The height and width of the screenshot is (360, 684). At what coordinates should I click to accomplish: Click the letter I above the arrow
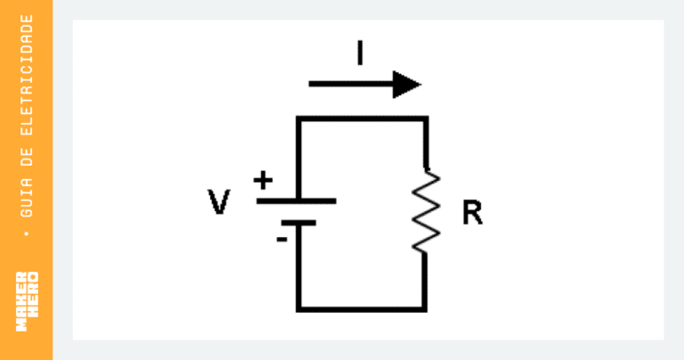[x=360, y=53]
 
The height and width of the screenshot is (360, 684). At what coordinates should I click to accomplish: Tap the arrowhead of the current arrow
[x=406, y=85]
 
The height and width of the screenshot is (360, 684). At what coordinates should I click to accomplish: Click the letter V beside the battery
[x=218, y=202]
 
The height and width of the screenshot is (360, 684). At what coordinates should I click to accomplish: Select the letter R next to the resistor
[x=472, y=212]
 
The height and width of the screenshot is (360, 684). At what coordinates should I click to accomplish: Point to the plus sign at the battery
[x=263, y=180]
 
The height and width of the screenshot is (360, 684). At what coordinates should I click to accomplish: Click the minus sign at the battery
[x=281, y=239]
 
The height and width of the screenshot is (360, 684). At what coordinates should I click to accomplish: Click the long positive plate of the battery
[x=297, y=201]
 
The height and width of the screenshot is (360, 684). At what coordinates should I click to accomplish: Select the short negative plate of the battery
[x=299, y=223]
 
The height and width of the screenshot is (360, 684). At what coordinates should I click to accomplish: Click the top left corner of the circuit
[x=298, y=119]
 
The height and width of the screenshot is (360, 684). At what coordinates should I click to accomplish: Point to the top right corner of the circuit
[x=426, y=119]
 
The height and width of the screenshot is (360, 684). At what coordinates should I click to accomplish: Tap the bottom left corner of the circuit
[x=298, y=309]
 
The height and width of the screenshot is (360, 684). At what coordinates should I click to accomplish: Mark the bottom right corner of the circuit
[x=425, y=309]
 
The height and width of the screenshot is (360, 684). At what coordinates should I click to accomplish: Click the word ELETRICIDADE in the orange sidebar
[x=27, y=75]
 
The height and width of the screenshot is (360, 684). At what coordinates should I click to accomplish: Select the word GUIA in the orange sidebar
[x=27, y=197]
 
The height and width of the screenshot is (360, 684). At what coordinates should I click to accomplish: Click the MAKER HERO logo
[x=27, y=301]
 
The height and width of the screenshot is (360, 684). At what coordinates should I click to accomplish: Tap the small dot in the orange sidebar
[x=27, y=233]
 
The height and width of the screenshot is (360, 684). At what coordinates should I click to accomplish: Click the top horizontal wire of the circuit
[x=362, y=119]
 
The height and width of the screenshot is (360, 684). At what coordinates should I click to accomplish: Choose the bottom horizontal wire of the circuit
[x=362, y=309]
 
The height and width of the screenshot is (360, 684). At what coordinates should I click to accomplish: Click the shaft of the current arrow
[x=351, y=84]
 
